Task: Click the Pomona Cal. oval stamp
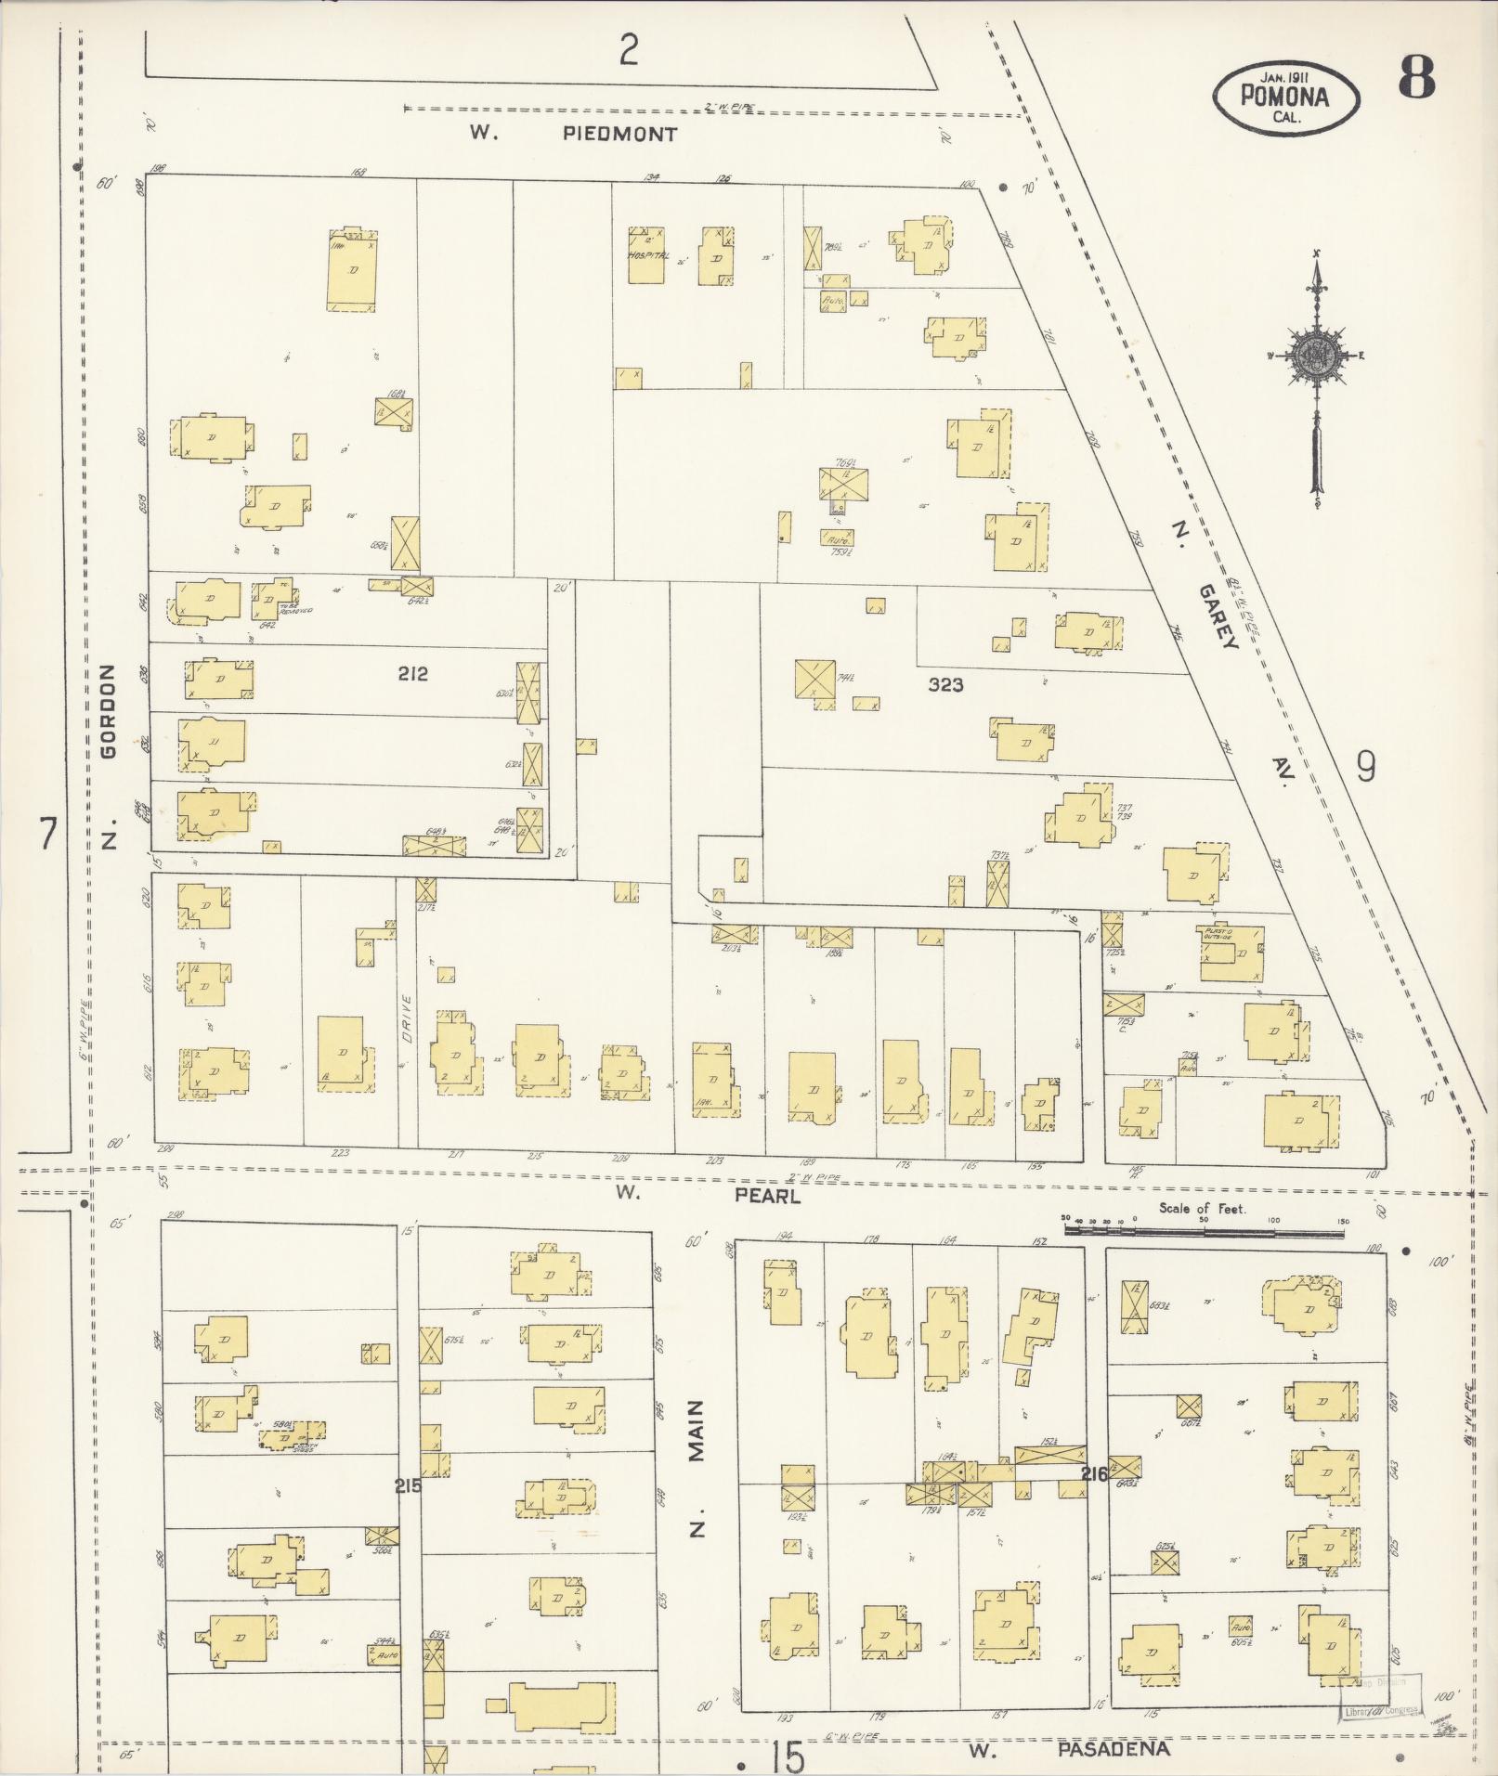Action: (x=1285, y=96)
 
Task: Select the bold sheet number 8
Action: (x=1415, y=78)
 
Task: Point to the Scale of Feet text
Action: (x=1203, y=1209)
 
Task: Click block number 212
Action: (x=412, y=674)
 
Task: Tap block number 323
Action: (x=945, y=685)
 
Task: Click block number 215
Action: (x=408, y=1486)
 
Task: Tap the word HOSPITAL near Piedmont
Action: (x=647, y=254)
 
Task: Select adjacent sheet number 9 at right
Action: (x=1365, y=767)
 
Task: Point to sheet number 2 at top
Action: (x=629, y=49)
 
